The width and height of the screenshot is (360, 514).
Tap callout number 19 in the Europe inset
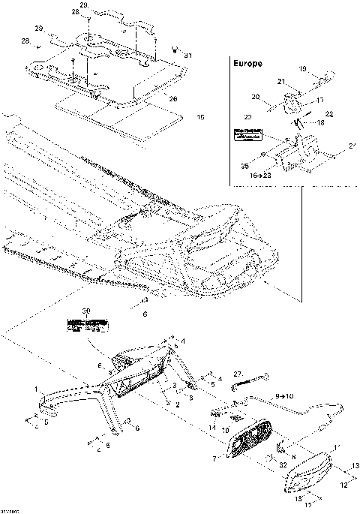pos(304,69)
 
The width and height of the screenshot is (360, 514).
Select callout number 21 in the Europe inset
pos(281,81)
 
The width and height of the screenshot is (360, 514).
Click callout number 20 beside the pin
pos(256,97)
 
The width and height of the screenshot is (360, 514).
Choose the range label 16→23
pos(262,173)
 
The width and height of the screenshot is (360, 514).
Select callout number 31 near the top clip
pos(188,56)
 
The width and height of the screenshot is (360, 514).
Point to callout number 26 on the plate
pos(174,98)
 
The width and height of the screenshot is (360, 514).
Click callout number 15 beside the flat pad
pos(199,118)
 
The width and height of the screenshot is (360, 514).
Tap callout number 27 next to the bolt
pos(238,373)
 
